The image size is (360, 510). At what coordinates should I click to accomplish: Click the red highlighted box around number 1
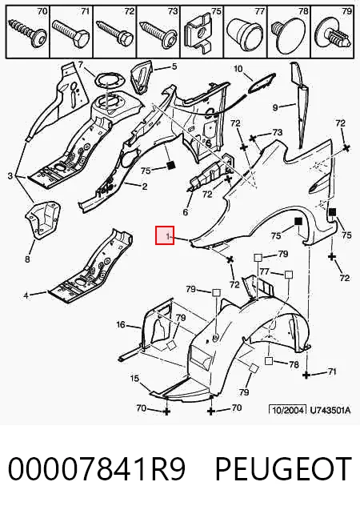click(165, 235)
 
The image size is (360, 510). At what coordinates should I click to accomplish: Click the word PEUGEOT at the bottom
click(283, 469)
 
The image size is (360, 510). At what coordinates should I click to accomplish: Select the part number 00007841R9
click(97, 469)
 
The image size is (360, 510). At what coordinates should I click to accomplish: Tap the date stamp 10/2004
click(287, 410)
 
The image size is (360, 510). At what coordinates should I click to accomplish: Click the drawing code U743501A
click(330, 410)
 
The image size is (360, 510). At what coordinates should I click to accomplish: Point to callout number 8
click(27, 259)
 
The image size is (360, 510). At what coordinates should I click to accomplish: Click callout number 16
click(121, 324)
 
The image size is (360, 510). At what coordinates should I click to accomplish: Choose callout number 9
click(275, 107)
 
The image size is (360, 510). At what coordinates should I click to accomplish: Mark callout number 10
click(238, 69)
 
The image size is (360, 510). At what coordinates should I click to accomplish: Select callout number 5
click(174, 66)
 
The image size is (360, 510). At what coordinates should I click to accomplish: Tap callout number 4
click(26, 295)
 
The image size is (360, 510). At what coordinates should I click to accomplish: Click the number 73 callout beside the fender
click(278, 132)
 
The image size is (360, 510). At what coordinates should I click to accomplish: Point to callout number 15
click(134, 378)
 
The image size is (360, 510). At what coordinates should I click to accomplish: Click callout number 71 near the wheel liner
click(331, 371)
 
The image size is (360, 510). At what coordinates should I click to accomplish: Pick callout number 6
click(185, 212)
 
